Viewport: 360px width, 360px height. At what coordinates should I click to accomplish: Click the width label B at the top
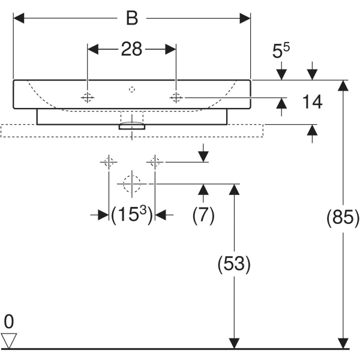click(131, 18)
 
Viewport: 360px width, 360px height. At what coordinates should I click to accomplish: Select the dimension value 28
click(131, 49)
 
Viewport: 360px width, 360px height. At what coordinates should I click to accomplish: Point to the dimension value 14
click(312, 103)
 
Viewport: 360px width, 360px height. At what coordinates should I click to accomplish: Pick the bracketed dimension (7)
click(203, 215)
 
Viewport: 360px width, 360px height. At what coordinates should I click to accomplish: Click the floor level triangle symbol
click(8, 340)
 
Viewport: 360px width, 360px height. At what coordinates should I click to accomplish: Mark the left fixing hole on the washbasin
click(88, 97)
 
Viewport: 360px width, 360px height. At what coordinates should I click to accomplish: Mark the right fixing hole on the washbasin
click(175, 97)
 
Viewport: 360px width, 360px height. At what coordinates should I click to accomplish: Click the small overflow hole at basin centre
click(132, 90)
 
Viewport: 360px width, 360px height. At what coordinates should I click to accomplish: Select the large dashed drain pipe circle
click(132, 183)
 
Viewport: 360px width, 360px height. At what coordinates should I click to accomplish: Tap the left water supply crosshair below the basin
click(109, 161)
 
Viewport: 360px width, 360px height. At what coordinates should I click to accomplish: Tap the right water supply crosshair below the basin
click(155, 161)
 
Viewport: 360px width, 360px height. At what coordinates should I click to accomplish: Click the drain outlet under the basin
click(132, 126)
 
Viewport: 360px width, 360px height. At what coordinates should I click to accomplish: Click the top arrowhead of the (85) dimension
click(343, 86)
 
